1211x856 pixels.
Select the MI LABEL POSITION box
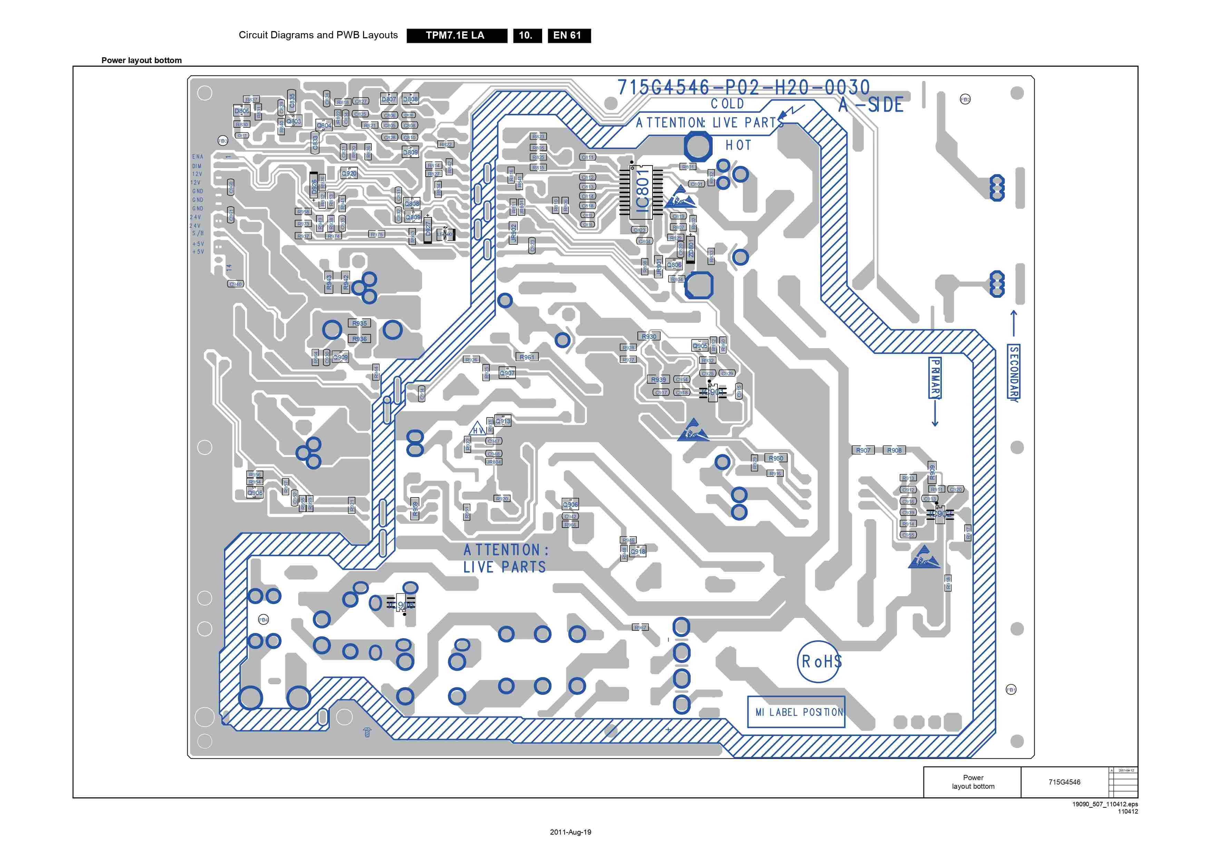tap(797, 712)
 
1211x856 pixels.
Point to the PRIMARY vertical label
tap(935, 378)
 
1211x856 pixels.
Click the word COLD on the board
tap(727, 104)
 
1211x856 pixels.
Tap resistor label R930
tap(649, 336)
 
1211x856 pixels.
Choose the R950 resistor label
tap(775, 458)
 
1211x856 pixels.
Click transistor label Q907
tap(507, 373)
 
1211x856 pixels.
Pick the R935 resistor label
tap(359, 323)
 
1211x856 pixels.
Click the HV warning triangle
tap(477, 429)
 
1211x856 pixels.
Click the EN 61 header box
tap(569, 35)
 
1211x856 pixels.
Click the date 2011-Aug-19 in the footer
tap(570, 832)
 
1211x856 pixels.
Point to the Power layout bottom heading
tap(141, 60)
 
